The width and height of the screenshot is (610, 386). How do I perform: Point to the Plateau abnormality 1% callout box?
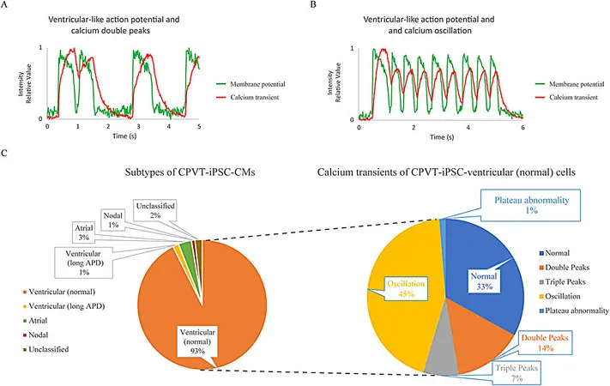[531, 205]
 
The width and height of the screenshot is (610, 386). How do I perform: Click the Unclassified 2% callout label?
[155, 210]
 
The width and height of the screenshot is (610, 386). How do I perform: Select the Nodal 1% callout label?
[112, 220]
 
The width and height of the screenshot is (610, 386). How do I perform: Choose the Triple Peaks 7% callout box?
[516, 372]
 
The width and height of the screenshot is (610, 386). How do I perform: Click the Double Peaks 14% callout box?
[545, 343]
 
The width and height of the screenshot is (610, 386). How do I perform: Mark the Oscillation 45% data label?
[406, 288]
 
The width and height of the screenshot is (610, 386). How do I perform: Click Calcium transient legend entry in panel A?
[248, 97]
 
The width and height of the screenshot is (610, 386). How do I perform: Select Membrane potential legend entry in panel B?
[570, 84]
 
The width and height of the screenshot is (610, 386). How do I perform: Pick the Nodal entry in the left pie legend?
[36, 335]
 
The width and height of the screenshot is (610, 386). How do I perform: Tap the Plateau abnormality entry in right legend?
[574, 311]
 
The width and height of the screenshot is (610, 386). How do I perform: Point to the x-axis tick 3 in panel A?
[138, 126]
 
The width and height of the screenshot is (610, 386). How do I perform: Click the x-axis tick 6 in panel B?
[522, 127]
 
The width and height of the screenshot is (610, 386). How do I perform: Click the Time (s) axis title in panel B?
[442, 137]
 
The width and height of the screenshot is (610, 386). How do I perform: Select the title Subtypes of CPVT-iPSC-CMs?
[190, 172]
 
